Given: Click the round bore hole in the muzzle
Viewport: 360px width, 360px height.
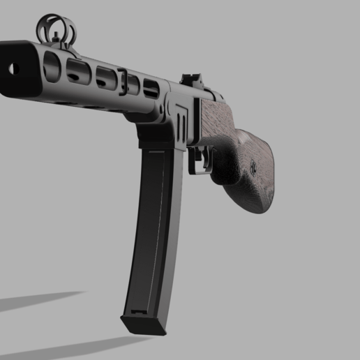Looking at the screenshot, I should (x=11, y=68).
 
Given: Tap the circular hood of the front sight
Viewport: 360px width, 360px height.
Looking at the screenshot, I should (x=55, y=27).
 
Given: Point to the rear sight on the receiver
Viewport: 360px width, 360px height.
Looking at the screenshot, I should (x=190, y=81).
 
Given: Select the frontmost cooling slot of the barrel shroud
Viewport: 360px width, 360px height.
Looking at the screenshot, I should (x=50, y=66).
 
